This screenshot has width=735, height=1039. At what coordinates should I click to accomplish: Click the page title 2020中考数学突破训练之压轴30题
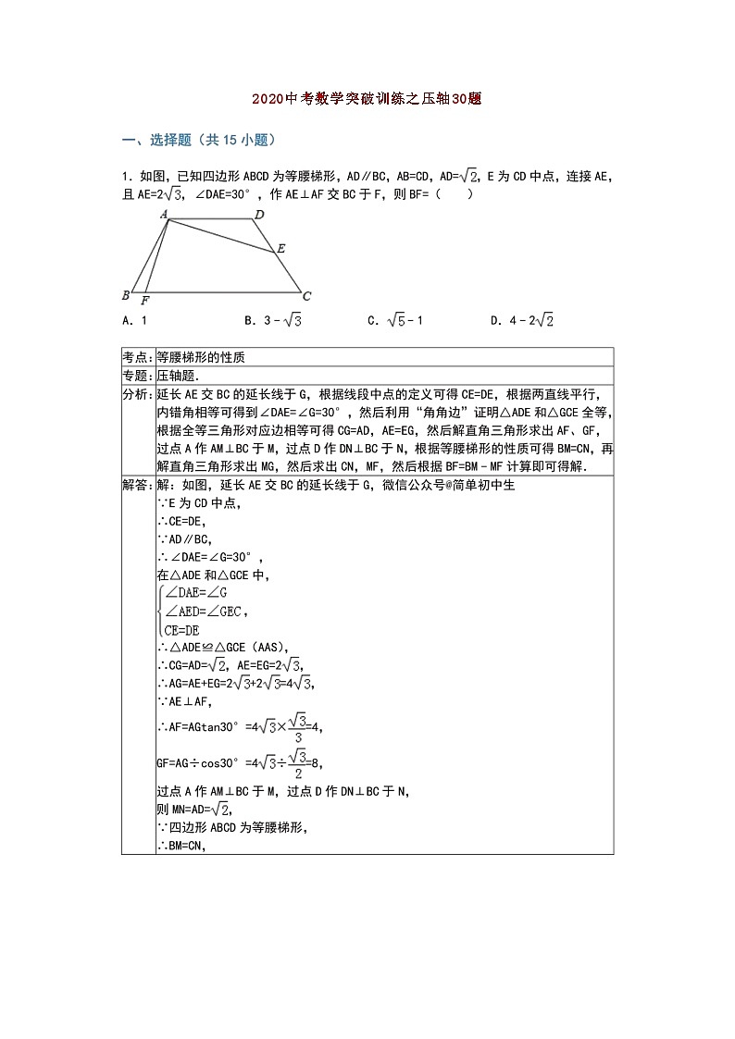[367, 99]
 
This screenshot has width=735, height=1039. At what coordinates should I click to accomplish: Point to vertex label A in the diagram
[164, 215]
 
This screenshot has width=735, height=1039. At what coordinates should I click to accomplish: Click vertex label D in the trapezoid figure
[260, 215]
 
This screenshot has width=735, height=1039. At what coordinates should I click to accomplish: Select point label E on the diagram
[280, 248]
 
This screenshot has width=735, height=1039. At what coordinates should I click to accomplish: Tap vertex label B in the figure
[126, 295]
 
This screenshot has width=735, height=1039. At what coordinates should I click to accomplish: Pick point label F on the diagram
[145, 301]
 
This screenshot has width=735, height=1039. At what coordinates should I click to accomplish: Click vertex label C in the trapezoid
[306, 296]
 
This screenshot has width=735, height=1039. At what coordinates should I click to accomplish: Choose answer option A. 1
[135, 320]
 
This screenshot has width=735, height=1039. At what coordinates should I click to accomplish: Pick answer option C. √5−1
[395, 320]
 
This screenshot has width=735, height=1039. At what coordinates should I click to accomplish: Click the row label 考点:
[138, 357]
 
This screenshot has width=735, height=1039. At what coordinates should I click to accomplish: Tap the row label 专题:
[138, 376]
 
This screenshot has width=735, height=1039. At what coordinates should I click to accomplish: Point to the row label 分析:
[138, 394]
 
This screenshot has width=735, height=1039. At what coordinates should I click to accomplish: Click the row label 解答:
[138, 485]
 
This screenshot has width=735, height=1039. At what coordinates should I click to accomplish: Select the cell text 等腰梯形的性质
[201, 357]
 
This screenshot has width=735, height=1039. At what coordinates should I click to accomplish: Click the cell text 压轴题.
[178, 376]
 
